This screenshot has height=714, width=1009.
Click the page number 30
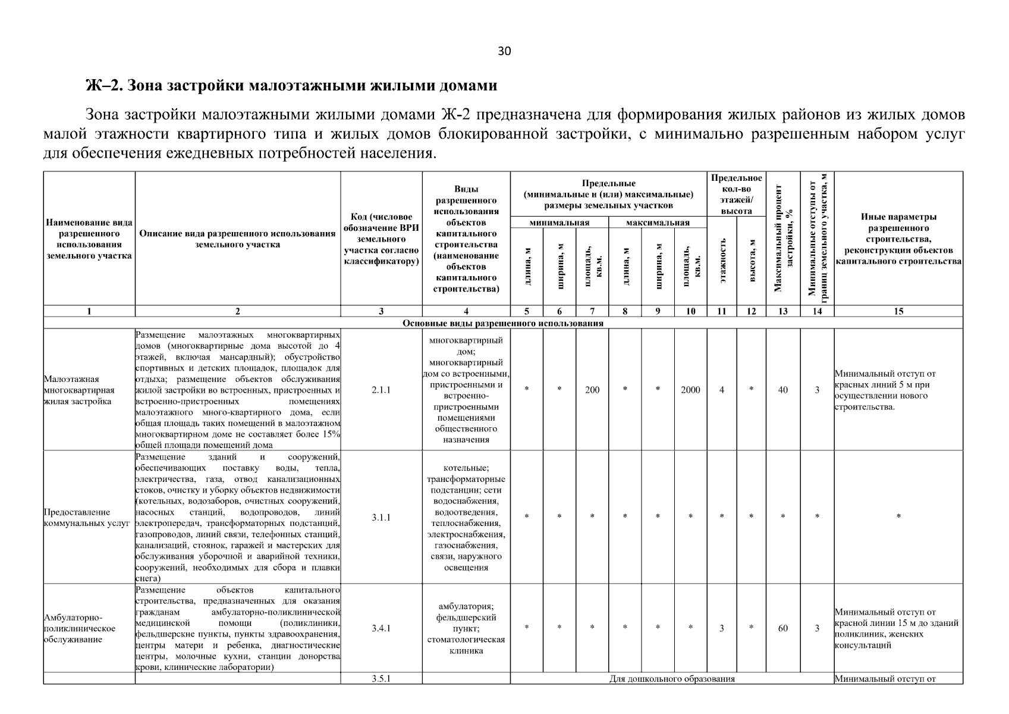[x=504, y=51]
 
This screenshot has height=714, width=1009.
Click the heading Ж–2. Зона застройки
[x=291, y=86]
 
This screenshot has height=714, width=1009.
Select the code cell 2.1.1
[x=381, y=390]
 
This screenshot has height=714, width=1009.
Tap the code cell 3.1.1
[x=381, y=517]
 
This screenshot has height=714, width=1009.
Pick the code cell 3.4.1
[x=381, y=628]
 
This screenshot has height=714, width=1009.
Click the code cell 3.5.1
[x=381, y=678]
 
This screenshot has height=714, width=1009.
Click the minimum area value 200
[x=592, y=390]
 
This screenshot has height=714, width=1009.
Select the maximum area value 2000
[x=690, y=390]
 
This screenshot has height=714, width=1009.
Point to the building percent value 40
[x=782, y=390]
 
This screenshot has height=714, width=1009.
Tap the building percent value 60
[x=782, y=628]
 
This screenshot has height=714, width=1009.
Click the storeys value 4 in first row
[x=721, y=390]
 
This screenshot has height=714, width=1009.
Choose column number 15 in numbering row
[x=898, y=311]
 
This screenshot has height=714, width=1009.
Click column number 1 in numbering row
[x=89, y=311]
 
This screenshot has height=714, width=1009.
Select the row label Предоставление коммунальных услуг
[x=87, y=518]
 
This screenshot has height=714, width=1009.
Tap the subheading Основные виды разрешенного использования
[x=503, y=323]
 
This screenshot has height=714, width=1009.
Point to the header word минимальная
[x=559, y=223]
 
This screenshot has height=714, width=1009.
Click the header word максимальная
[x=657, y=223]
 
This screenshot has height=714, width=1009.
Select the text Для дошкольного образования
[x=672, y=678]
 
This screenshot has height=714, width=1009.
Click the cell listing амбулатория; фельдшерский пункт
[x=466, y=628]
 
